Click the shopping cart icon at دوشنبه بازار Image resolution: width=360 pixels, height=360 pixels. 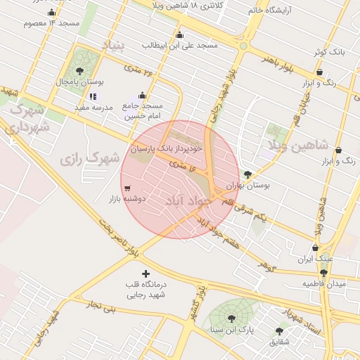tap(127, 188)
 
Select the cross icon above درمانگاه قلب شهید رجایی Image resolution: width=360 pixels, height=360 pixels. tap(146, 273)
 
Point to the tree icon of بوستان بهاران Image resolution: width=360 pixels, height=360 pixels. tap(247, 174)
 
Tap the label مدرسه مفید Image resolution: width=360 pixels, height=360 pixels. tap(94, 108)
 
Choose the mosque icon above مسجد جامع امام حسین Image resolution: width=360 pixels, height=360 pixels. tap(143, 95)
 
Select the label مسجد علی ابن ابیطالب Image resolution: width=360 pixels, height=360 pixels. tap(180, 45)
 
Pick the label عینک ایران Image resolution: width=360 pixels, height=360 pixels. tap(314, 259)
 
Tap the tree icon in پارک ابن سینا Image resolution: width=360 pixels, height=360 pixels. tap(231, 319)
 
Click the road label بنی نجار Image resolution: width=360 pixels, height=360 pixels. tap(99, 304)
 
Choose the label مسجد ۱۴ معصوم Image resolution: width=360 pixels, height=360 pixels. tap(51, 23)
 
